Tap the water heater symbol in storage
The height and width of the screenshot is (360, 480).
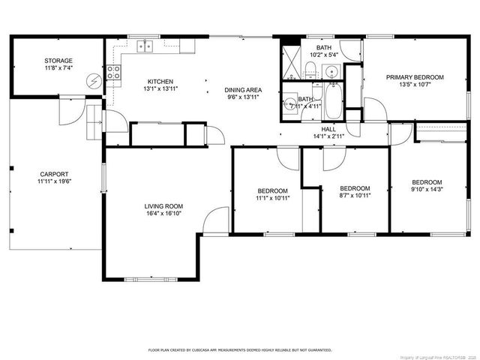(x=94, y=79)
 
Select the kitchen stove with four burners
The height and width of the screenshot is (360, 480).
(x=114, y=73)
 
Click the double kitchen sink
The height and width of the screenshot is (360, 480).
(x=145, y=46)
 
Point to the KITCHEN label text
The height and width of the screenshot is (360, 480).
(x=160, y=82)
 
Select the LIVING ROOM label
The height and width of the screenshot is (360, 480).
(x=163, y=206)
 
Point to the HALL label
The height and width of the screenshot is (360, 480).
(x=328, y=129)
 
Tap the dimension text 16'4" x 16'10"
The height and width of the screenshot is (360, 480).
(x=163, y=214)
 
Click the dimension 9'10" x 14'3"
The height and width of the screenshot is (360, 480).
(x=427, y=190)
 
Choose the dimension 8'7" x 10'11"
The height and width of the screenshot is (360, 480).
(x=355, y=196)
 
